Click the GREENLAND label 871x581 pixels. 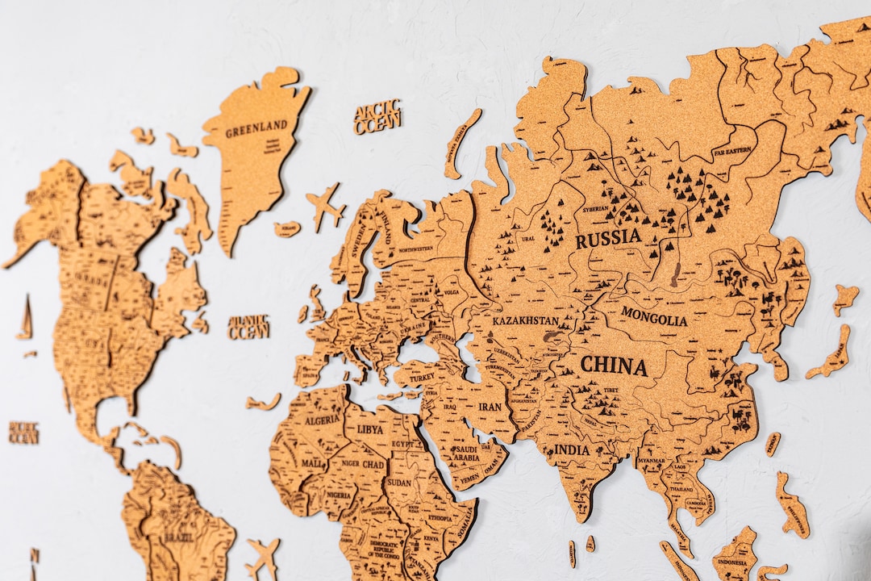(256, 127)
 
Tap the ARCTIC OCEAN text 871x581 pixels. (377, 117)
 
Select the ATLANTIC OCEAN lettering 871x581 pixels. (248, 327)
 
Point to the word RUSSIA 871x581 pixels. (608, 238)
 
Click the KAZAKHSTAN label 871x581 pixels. (525, 320)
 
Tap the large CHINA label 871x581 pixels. (614, 366)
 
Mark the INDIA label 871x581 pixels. (572, 449)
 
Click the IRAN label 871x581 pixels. (490, 407)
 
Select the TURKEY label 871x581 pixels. (422, 377)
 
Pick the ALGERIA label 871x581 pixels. (323, 420)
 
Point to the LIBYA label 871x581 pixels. (370, 429)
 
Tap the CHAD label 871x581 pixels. (373, 466)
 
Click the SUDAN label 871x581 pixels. (399, 483)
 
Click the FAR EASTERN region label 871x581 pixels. (731, 151)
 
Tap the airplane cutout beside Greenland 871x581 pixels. (325, 207)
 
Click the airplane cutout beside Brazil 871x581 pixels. (263, 556)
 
